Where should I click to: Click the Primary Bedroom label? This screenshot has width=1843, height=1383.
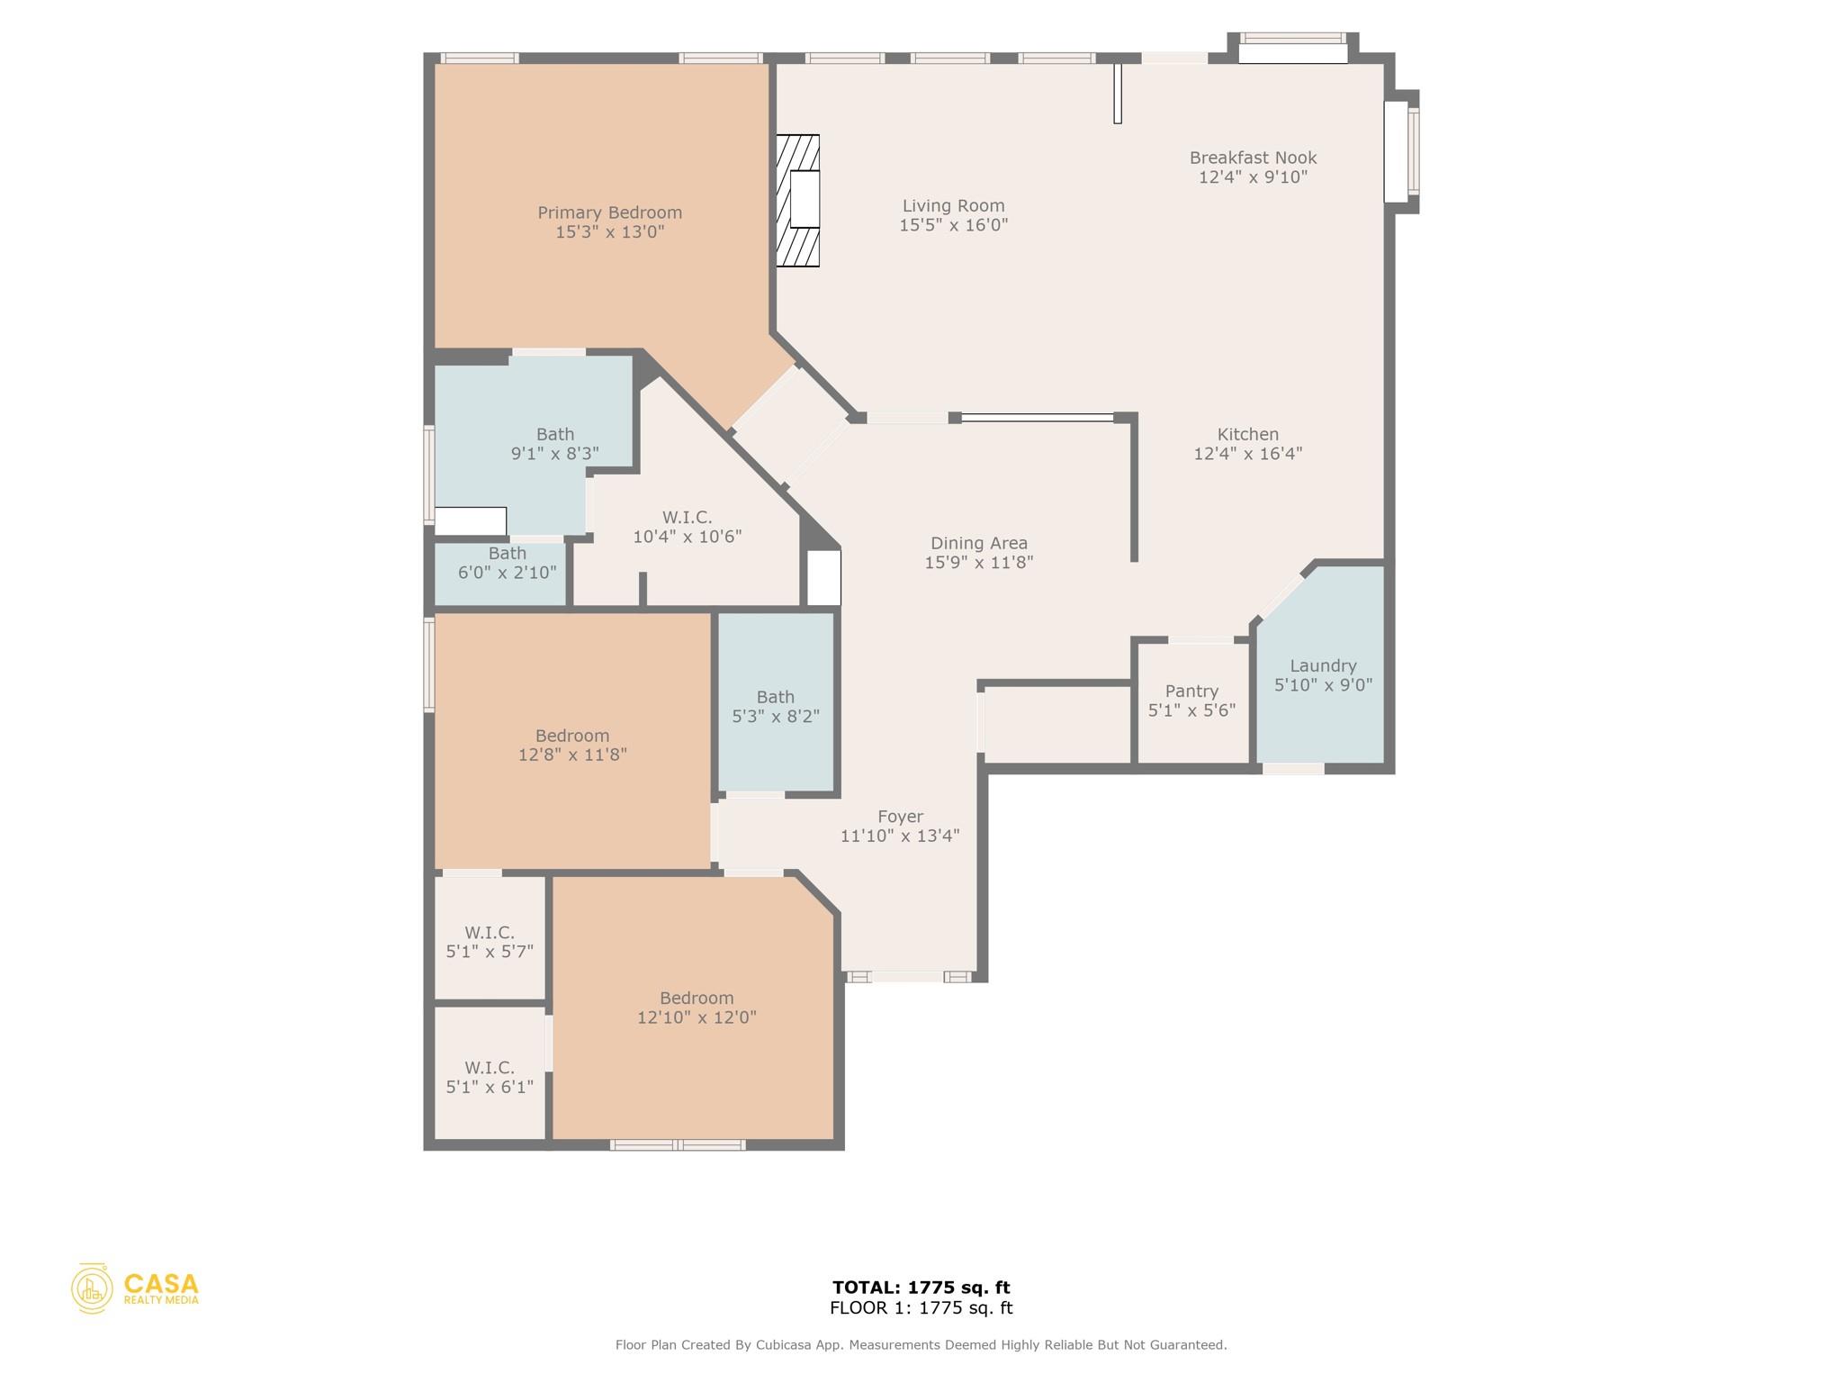(x=609, y=213)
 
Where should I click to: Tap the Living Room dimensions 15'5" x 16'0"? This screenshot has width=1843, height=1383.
(x=953, y=225)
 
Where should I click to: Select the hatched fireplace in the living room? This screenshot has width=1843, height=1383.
(x=798, y=200)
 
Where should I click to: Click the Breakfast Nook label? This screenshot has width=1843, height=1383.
(x=1253, y=158)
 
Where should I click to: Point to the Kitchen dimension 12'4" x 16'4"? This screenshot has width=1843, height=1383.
(x=1247, y=454)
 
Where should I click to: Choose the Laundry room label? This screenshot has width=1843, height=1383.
(x=1322, y=666)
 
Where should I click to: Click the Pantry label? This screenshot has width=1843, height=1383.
(x=1191, y=691)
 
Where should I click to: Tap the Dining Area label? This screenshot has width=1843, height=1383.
(x=978, y=543)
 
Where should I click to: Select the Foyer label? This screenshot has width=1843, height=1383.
(x=900, y=817)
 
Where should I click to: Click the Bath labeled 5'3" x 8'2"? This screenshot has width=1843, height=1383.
(x=775, y=706)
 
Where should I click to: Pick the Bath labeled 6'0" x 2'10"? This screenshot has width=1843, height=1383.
(x=507, y=563)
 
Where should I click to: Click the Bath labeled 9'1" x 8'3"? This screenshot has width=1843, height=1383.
(x=554, y=444)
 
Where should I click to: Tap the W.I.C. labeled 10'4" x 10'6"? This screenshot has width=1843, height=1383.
(x=687, y=527)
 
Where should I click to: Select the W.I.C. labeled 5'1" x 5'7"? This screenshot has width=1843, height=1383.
(x=490, y=942)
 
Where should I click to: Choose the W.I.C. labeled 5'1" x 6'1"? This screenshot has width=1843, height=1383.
(x=490, y=1077)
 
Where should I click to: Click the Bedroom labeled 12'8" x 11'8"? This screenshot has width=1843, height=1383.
(x=572, y=745)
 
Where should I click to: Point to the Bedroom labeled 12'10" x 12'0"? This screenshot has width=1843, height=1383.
(x=697, y=1008)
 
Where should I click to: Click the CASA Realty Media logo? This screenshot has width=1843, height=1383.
(x=135, y=1288)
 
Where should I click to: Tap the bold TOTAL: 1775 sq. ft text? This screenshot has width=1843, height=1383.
(x=921, y=1288)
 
